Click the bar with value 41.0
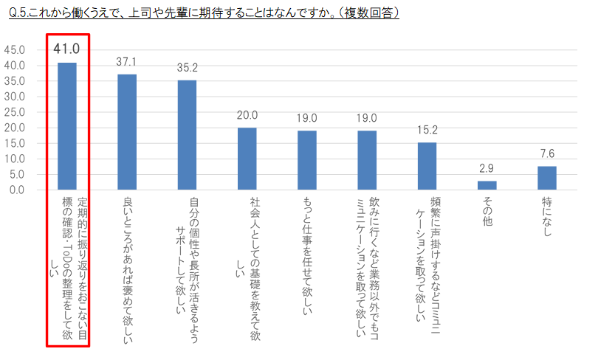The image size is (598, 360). click(x=67, y=126)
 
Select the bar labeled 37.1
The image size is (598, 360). click(x=127, y=132)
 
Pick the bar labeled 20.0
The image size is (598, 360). click(x=247, y=159)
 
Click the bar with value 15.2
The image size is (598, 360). click(x=427, y=166)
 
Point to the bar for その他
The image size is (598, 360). click(x=487, y=185)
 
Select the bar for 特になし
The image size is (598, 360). click(x=546, y=178)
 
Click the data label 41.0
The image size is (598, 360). click(x=66, y=49)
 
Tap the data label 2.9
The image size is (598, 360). click(x=487, y=169)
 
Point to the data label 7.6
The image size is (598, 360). click(x=546, y=154)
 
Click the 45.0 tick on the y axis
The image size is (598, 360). click(x=15, y=50)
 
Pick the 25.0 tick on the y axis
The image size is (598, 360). click(x=15, y=112)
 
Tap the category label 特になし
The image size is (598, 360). click(x=546, y=218)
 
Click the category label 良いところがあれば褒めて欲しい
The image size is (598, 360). click(x=127, y=261)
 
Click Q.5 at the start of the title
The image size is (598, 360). click(x=16, y=13)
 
